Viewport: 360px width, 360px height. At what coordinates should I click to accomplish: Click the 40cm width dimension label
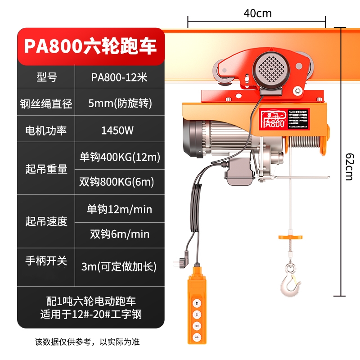click(x=257, y=13)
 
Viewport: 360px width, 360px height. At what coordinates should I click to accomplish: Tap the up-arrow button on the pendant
click(x=197, y=303)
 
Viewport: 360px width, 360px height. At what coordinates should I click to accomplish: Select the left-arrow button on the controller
click(x=197, y=325)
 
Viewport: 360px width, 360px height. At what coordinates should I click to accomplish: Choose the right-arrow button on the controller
click(x=197, y=336)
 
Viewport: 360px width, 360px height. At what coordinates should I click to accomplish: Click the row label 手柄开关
click(x=45, y=261)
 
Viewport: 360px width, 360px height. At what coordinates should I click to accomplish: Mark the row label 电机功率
click(x=45, y=130)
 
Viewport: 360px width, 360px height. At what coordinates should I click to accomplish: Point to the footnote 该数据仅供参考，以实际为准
click(x=90, y=342)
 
